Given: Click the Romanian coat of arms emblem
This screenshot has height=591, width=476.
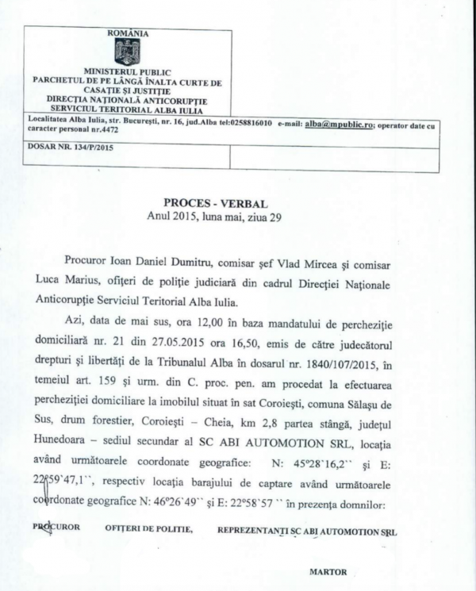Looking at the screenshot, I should click(x=127, y=52).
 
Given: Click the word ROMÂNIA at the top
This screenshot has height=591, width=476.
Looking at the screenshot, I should click(x=127, y=33).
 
